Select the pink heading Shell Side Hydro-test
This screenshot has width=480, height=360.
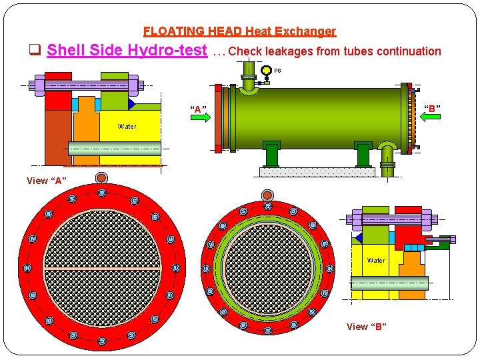pos(127,51)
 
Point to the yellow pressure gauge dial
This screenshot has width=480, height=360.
pos(267,70)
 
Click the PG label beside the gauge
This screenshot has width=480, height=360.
pos(278,70)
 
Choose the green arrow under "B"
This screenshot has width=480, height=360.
pos(433,115)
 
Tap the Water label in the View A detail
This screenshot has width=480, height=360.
pos(127,126)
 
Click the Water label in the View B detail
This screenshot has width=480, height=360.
pos(375,261)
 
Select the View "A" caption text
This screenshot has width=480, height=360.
pos(47,181)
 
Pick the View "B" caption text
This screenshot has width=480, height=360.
pos(366,327)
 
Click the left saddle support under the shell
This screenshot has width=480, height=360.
pos(271,154)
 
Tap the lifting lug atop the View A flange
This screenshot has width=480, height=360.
pos(101,178)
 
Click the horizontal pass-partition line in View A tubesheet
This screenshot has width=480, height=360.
pos(102,268)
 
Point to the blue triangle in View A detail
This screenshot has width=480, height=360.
pos(132,104)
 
